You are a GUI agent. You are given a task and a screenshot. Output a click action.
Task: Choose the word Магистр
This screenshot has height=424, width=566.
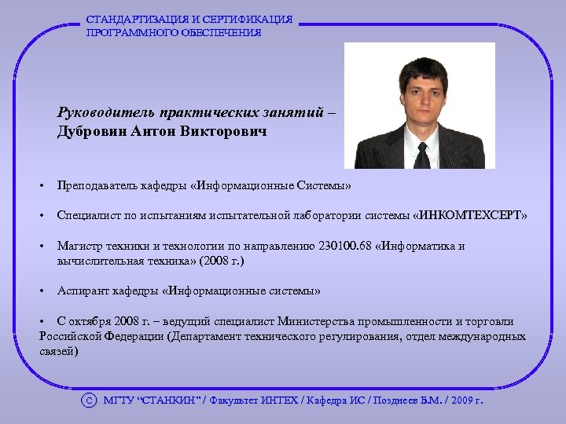click(x=78, y=246)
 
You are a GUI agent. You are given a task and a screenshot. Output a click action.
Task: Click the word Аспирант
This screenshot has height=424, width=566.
click(x=81, y=291)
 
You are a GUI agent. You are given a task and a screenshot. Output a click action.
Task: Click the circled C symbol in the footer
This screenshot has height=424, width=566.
click(x=90, y=400)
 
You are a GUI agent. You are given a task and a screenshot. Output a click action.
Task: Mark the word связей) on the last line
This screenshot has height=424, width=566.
click(x=58, y=351)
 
